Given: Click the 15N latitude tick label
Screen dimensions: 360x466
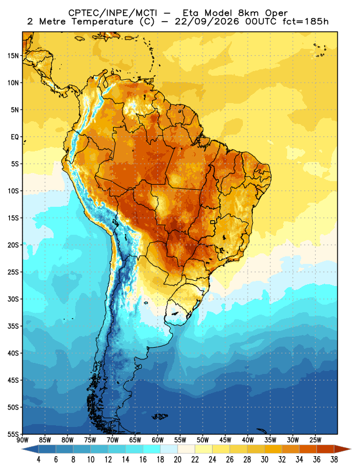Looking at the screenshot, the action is (13, 55).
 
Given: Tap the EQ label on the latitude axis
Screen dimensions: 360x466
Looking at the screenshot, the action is (15, 137).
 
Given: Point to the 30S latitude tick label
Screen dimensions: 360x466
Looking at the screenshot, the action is (13, 299).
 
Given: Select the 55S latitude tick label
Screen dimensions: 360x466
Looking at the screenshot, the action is (13, 434).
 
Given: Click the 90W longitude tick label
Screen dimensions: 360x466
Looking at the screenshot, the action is (23, 440).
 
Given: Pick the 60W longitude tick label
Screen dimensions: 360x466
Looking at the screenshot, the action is (157, 440).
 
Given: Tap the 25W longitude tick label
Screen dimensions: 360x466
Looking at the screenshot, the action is (315, 440).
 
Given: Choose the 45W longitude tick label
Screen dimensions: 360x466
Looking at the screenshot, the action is (225, 440).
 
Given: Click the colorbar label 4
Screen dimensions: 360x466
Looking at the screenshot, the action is (38, 460).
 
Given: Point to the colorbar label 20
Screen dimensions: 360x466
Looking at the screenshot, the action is (178, 460).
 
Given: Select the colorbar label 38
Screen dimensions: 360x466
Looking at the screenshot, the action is (334, 460).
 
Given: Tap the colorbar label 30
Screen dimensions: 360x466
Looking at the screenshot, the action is (264, 460).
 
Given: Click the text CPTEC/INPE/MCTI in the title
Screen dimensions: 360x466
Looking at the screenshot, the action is (113, 13).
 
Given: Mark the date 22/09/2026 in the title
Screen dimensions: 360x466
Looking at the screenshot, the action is (207, 22).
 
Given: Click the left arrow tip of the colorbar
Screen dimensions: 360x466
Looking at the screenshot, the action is (22, 449).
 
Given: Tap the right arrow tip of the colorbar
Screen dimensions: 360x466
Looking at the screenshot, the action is (351, 449).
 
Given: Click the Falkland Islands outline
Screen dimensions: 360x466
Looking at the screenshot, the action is (160, 416).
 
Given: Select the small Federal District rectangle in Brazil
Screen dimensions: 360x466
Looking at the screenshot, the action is (213, 222).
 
